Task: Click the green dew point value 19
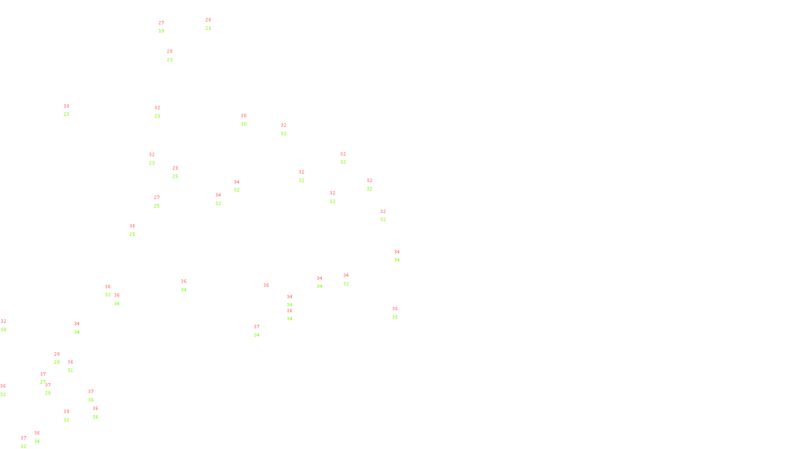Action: pos(161,31)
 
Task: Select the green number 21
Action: pos(208,28)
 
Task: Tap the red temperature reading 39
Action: pos(66,412)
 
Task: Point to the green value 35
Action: pos(395,317)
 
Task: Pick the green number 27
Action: pos(43,382)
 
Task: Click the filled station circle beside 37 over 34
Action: pos(261,331)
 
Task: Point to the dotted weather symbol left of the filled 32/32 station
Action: pos(302,176)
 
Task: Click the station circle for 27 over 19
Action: pos(166,27)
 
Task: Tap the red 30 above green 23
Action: pos(66,106)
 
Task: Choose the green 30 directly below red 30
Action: pos(244,124)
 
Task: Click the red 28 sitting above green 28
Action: pos(57,354)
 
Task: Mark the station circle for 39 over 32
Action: pos(71,416)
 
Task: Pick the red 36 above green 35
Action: pos(395,309)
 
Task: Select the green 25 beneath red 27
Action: pos(157,206)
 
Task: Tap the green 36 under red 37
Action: pos(91,400)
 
